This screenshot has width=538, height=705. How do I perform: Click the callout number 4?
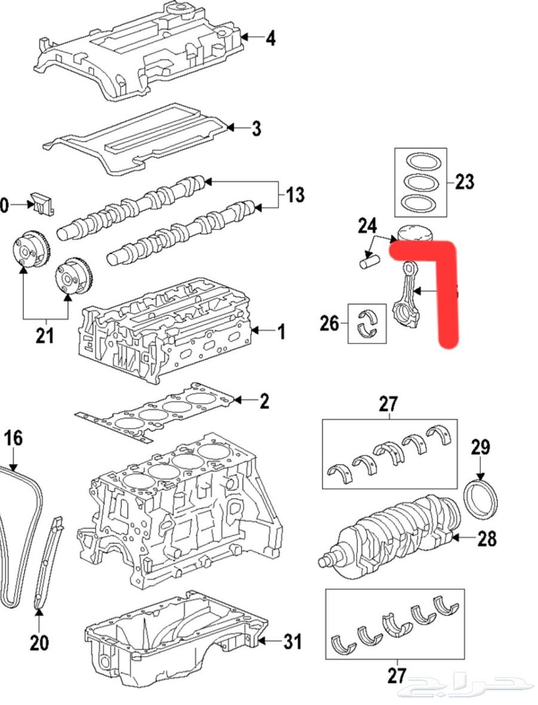pyautogui.click(x=270, y=39)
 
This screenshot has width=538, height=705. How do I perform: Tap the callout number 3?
pyautogui.click(x=256, y=128)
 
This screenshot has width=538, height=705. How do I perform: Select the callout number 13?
pyautogui.click(x=295, y=195)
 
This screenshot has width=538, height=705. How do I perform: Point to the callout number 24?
pyautogui.click(x=368, y=226)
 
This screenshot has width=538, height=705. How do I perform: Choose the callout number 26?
pyautogui.click(x=329, y=323)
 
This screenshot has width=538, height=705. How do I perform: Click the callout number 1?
pyautogui.click(x=281, y=331)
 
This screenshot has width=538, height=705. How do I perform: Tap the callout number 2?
pyautogui.click(x=264, y=401)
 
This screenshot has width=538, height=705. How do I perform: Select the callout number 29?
pyautogui.click(x=480, y=447)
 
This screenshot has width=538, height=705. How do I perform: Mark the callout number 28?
pyautogui.click(x=487, y=538)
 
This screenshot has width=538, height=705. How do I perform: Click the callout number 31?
pyautogui.click(x=292, y=642)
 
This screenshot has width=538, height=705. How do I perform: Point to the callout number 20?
pyautogui.click(x=39, y=643)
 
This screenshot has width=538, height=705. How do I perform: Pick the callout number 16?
pyautogui.click(x=13, y=438)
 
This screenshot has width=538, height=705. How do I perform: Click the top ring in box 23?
pyautogui.click(x=421, y=161)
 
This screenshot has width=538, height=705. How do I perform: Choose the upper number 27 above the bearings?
pyautogui.click(x=388, y=404)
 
